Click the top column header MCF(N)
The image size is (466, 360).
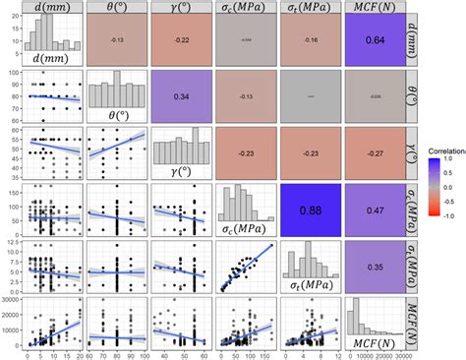tap(375, 8)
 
